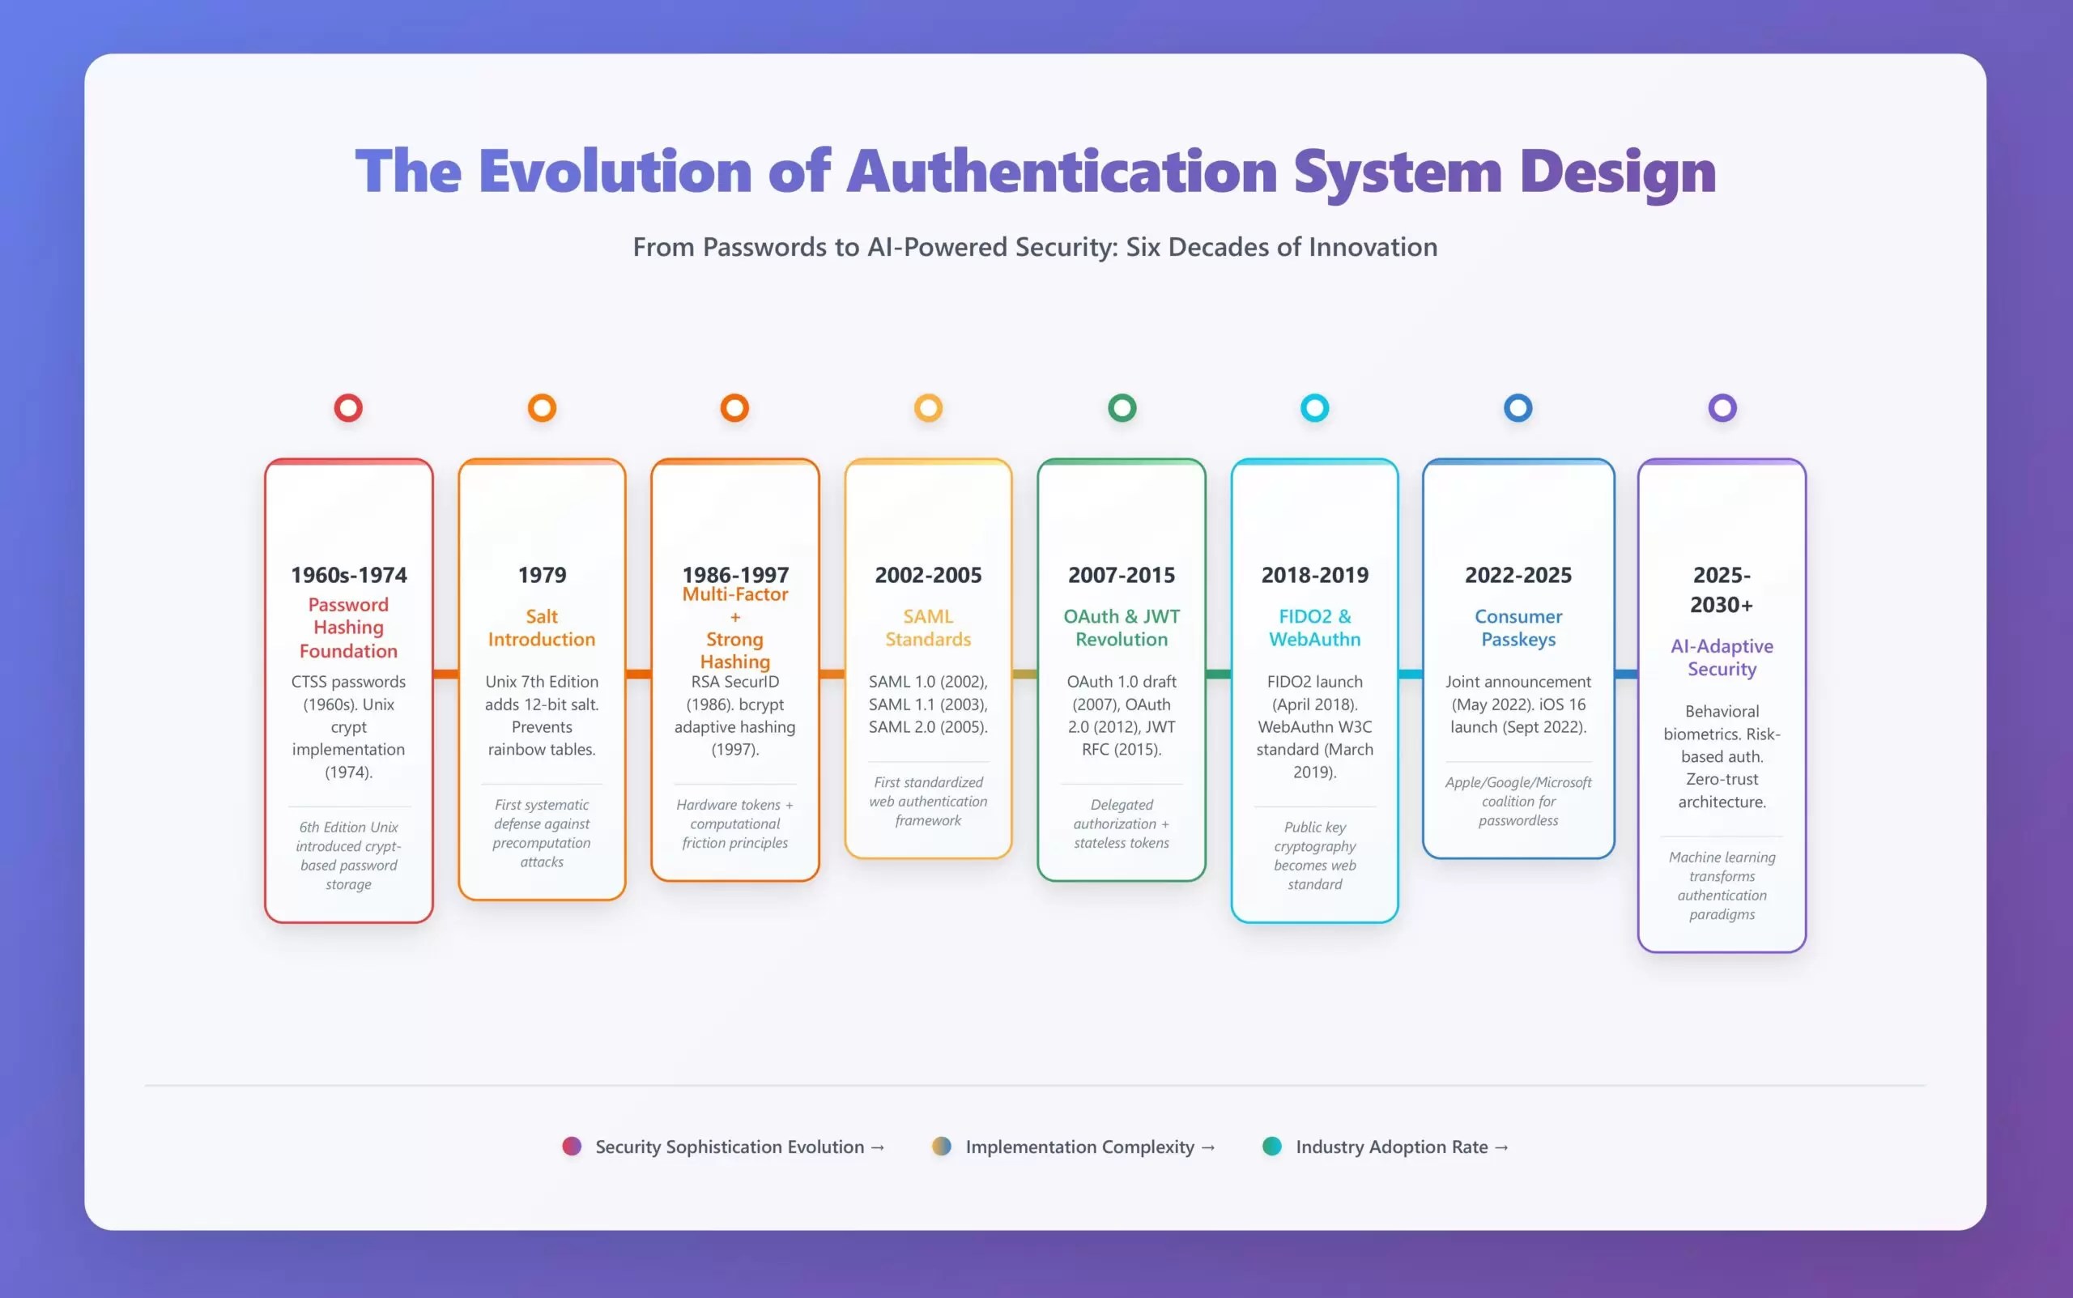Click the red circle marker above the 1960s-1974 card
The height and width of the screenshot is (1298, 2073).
[347, 408]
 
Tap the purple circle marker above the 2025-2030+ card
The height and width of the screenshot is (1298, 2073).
[1721, 408]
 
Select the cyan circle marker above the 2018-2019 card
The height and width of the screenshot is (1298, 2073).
[1314, 408]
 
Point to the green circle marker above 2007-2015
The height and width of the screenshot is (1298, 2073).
[1122, 408]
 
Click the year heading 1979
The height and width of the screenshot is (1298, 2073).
[542, 575]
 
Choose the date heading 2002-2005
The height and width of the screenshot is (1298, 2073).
[928, 575]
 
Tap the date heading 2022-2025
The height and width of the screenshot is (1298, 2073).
[1518, 575]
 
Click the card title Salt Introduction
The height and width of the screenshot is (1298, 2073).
[542, 628]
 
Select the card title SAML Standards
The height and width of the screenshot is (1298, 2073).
[928, 628]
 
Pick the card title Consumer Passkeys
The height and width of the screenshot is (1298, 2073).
[1518, 628]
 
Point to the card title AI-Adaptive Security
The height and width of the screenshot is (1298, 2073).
[1721, 658]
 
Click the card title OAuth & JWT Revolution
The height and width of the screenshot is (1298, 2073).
[1121, 628]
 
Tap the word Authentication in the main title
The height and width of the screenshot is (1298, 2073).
[1062, 171]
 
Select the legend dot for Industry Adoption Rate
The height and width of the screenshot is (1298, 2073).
[1272, 1146]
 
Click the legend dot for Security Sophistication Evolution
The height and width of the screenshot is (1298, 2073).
[572, 1146]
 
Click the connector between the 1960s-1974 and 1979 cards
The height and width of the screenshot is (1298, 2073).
[445, 674]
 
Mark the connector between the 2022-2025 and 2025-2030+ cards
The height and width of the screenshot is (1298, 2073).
[1626, 674]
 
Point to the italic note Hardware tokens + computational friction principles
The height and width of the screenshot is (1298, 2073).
[734, 824]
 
